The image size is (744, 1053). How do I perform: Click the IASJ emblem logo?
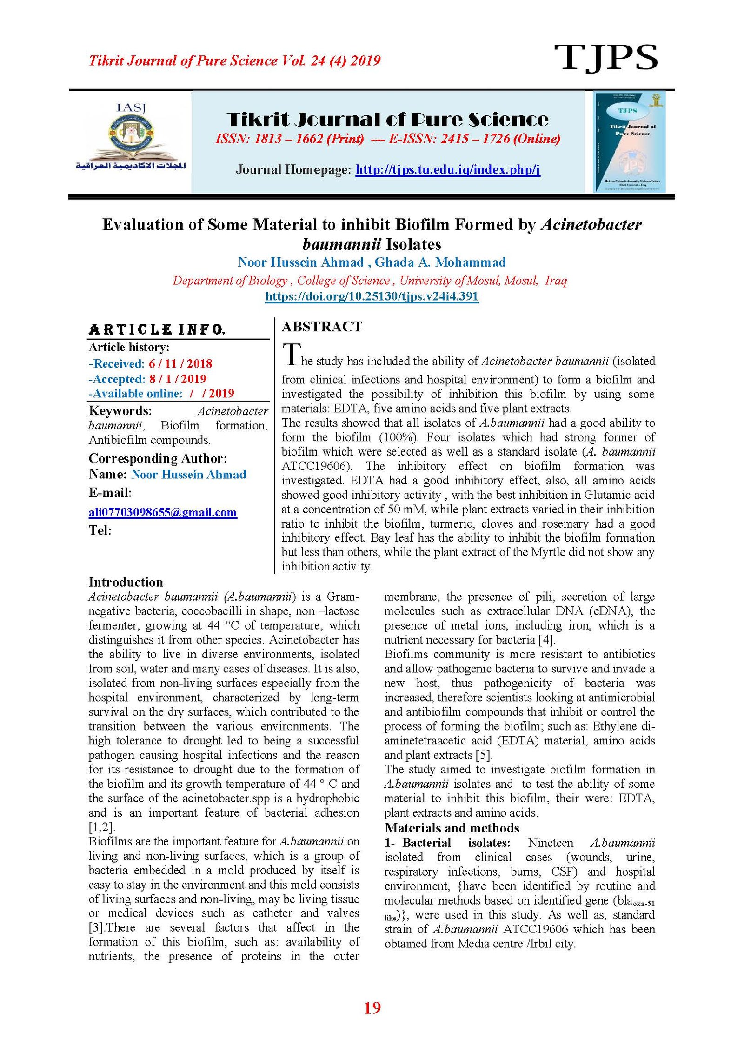[x=131, y=138]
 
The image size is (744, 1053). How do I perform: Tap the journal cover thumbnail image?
[x=629, y=141]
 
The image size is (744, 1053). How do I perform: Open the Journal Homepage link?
[x=447, y=169]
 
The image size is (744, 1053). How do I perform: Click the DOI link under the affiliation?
[x=372, y=296]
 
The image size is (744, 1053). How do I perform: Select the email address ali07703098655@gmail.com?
[x=162, y=512]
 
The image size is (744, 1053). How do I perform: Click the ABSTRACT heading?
[x=322, y=327]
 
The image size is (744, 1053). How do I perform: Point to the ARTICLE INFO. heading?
[x=157, y=330]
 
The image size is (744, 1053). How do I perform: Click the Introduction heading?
[x=126, y=582]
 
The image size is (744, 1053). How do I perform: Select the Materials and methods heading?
[x=452, y=828]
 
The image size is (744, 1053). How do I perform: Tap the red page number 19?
[x=372, y=1007]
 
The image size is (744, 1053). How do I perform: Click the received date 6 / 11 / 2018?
[x=180, y=364]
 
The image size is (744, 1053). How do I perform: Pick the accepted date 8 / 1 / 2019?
[x=178, y=379]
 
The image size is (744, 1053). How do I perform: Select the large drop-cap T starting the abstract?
[x=291, y=355]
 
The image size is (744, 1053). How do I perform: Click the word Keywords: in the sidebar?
[x=120, y=411]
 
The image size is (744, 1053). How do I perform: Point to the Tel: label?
[x=100, y=530]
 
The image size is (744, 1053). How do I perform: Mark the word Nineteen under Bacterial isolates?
[x=550, y=843]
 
